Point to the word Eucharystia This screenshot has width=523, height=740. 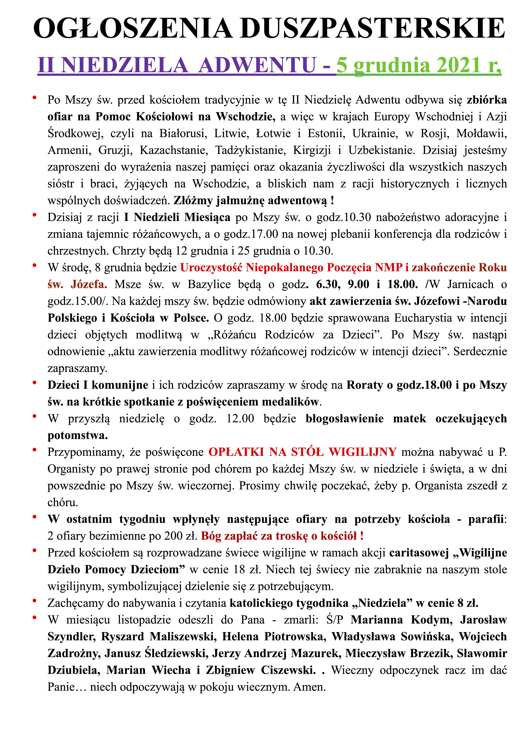(423, 318)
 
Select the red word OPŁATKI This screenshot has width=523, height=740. (236, 452)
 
